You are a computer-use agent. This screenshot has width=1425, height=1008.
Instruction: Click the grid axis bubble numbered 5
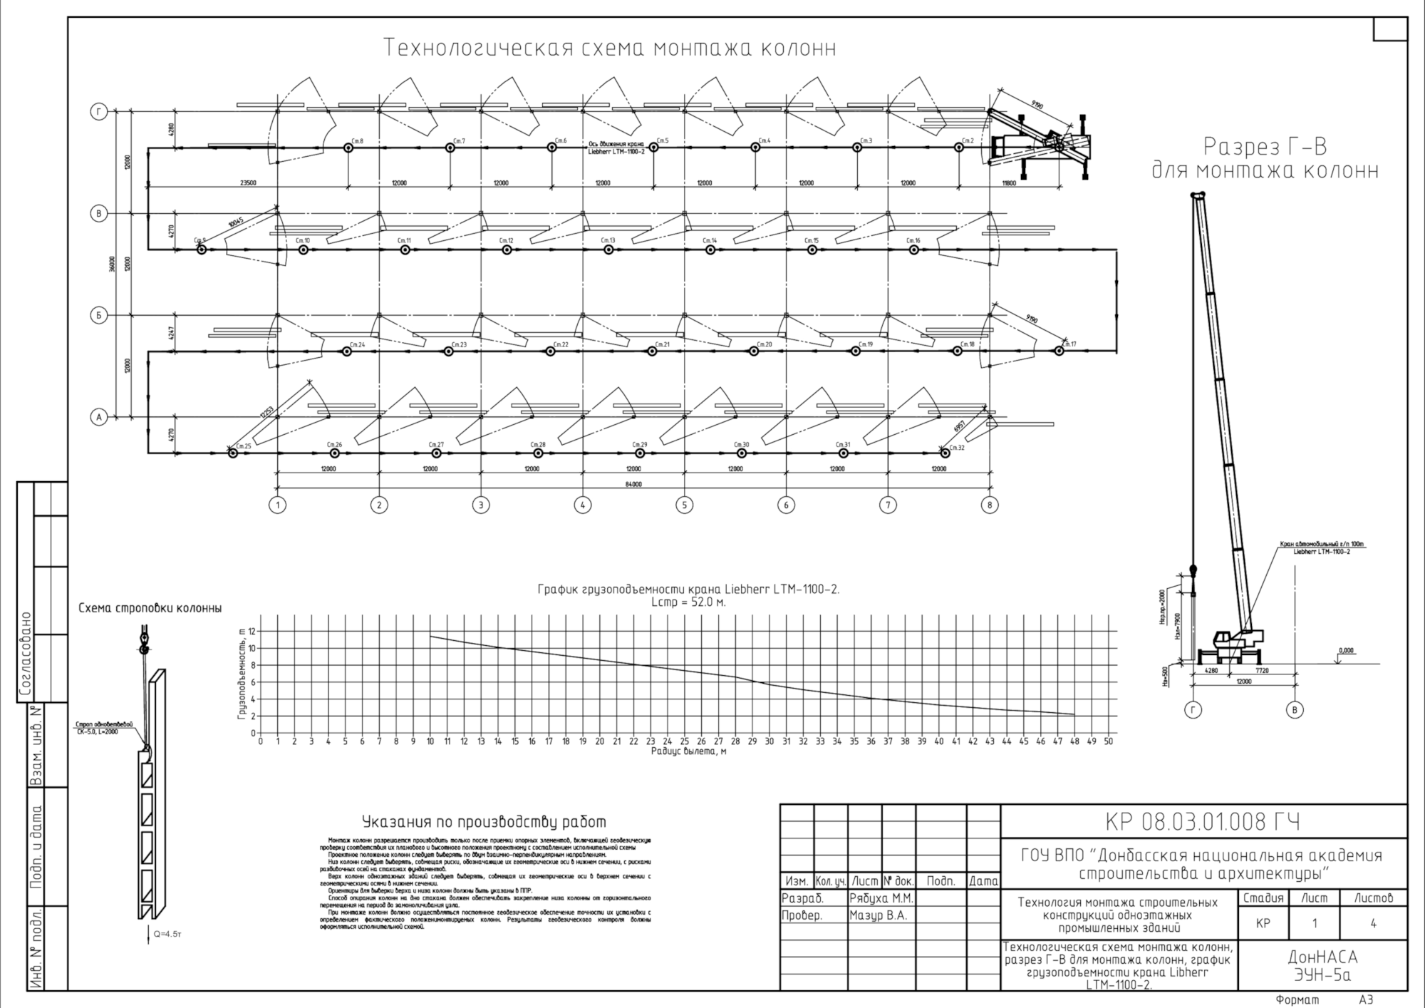click(684, 505)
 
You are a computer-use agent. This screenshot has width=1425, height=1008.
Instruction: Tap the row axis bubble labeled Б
click(99, 315)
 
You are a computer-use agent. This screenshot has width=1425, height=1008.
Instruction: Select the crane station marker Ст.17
click(1059, 351)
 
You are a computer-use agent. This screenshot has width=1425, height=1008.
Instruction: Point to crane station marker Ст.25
click(232, 453)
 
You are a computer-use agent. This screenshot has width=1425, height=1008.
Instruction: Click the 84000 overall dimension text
click(633, 485)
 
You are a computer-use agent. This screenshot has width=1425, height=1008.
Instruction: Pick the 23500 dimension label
click(248, 183)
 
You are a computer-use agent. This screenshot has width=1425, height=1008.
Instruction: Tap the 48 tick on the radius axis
click(1074, 741)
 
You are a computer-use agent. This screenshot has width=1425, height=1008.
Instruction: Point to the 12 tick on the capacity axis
click(252, 632)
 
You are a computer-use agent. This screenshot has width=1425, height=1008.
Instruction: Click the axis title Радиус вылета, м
click(688, 751)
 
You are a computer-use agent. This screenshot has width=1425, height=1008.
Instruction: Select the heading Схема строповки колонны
click(150, 608)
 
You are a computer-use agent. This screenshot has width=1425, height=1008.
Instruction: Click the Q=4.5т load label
click(167, 934)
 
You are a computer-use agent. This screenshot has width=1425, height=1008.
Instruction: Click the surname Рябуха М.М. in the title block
click(881, 898)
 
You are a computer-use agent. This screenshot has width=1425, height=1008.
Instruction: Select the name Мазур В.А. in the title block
click(878, 916)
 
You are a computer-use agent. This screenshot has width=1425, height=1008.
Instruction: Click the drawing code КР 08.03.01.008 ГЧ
click(1203, 823)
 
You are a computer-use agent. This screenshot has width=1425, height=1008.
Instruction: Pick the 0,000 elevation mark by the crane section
click(1346, 651)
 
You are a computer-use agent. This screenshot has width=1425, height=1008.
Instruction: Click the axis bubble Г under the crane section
click(1192, 710)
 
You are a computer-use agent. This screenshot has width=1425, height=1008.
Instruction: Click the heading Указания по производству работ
click(484, 822)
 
